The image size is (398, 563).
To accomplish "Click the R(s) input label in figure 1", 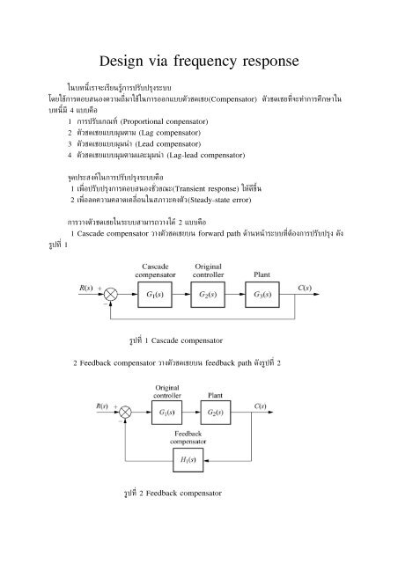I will click(x=85, y=286).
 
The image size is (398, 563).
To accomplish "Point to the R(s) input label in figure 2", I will click(x=101, y=406).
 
